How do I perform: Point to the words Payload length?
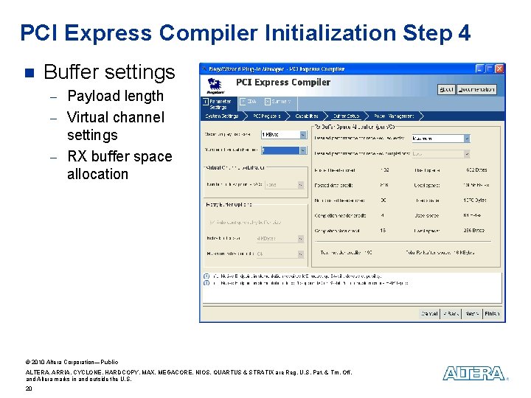[115, 96]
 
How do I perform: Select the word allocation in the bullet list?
[97, 175]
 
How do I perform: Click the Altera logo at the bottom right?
[474, 374]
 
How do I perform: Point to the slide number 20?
[29, 388]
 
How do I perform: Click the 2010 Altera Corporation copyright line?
[72, 362]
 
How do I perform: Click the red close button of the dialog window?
[499, 69]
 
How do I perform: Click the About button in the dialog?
[447, 89]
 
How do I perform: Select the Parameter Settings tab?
[219, 104]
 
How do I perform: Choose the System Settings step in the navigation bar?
[222, 116]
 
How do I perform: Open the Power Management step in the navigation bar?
[395, 116]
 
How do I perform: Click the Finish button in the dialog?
[492, 313]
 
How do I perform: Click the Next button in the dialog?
[471, 313]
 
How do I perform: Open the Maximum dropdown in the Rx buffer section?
[440, 138]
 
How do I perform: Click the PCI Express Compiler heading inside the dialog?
[282, 83]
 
